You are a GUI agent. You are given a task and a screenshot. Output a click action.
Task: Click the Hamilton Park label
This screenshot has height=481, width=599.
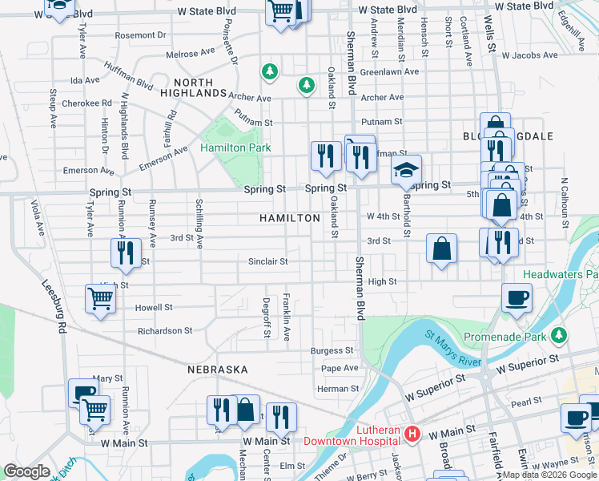235,148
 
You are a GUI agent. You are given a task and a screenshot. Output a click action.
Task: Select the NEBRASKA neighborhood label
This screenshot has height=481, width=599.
218,370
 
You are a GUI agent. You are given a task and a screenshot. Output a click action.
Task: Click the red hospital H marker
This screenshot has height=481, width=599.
412,435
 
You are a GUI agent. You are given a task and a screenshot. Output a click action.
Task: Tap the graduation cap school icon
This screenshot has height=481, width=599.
406,170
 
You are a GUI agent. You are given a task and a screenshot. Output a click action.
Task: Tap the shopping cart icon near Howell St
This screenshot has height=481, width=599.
100,299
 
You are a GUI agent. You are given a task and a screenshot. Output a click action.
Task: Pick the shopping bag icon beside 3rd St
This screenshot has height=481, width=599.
441,248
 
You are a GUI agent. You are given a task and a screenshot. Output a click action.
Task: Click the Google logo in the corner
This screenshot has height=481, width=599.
26,471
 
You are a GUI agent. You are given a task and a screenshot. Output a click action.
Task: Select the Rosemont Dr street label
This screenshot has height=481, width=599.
140,35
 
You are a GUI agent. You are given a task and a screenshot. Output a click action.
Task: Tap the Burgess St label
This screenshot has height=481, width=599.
332,350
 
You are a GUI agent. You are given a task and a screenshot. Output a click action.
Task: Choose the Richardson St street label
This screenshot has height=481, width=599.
165,330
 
